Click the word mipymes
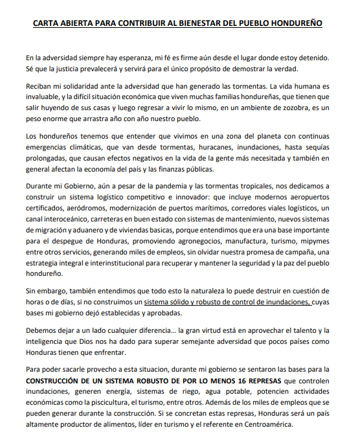tap(319, 242)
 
